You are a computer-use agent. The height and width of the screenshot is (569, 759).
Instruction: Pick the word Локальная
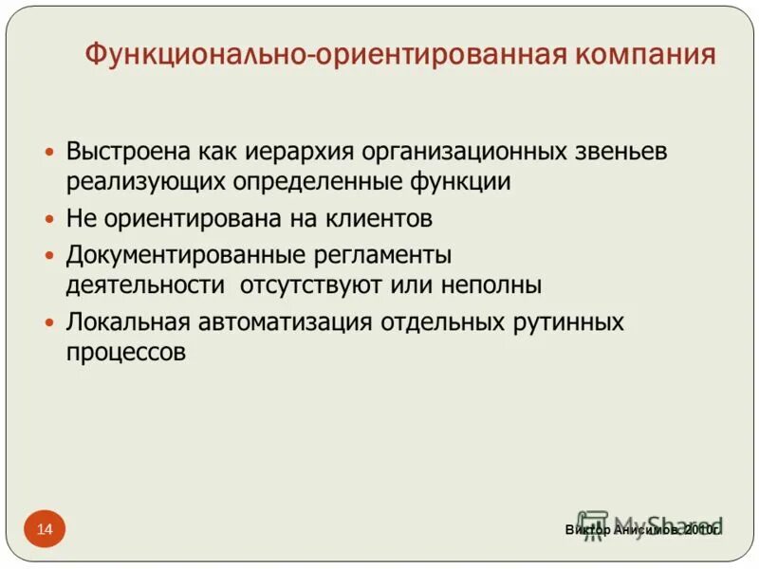[x=128, y=321]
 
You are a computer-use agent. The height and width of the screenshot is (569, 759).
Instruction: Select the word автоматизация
[x=286, y=321]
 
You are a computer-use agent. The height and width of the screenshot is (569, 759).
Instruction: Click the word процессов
[x=125, y=351]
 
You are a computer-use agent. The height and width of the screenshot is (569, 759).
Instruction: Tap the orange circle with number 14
[x=45, y=528]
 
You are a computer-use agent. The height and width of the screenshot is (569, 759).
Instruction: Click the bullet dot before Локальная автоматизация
[x=50, y=322]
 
